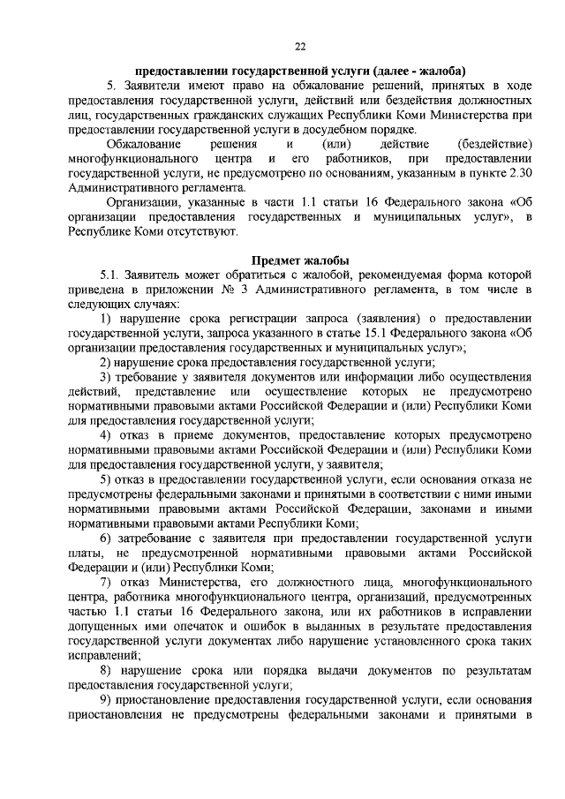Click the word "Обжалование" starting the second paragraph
[143, 145]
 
